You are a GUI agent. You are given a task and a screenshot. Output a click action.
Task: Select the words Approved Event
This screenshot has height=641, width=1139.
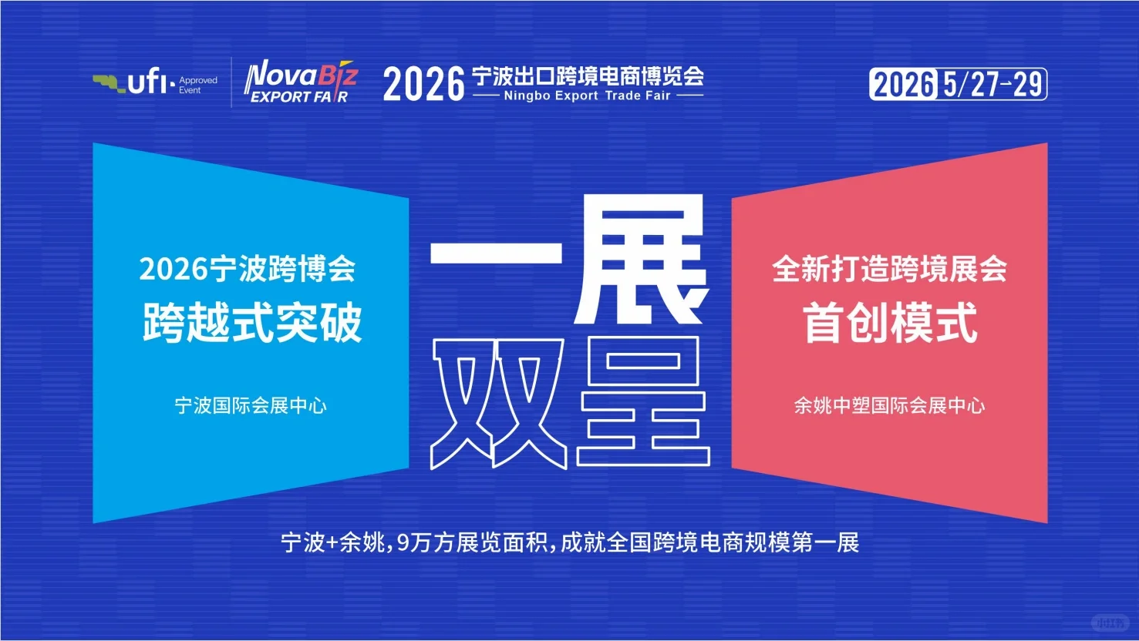(198, 85)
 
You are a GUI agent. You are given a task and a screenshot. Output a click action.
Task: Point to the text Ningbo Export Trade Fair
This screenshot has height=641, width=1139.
(587, 96)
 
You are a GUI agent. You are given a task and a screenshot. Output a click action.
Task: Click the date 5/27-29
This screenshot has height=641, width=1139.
(992, 84)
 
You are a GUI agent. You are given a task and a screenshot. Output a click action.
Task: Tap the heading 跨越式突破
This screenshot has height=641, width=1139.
(251, 322)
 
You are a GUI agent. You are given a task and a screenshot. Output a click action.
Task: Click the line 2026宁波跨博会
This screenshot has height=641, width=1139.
(248, 269)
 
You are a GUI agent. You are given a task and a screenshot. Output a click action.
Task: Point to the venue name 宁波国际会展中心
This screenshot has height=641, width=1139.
(251, 405)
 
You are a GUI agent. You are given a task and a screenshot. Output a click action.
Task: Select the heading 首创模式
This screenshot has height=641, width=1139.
(890, 322)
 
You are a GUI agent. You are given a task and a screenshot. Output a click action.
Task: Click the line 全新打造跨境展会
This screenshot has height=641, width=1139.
(890, 269)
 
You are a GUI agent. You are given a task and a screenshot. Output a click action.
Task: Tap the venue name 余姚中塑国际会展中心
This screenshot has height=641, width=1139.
(890, 405)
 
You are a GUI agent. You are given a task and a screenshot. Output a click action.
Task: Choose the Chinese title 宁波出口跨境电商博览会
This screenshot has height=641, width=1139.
(588, 76)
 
